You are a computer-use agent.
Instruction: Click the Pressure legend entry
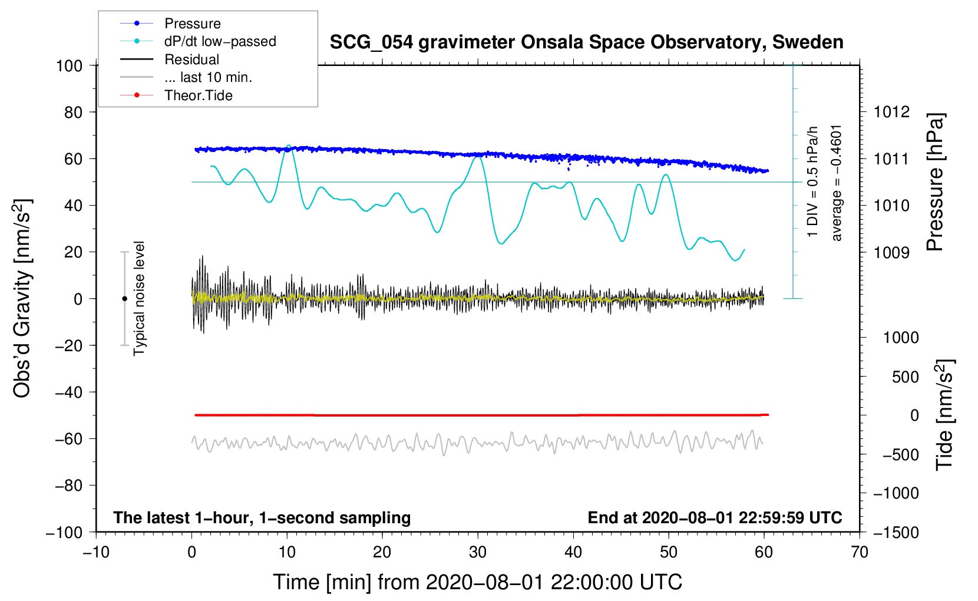(192, 24)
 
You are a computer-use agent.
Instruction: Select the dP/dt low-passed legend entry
(220, 41)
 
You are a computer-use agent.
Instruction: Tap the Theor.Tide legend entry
(198, 95)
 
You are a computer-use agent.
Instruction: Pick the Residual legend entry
(191, 60)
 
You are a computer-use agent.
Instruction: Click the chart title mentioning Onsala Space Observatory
(586, 42)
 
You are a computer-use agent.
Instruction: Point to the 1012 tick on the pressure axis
(891, 112)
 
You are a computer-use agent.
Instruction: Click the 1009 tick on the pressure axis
(891, 253)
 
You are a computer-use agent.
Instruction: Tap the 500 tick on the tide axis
(905, 377)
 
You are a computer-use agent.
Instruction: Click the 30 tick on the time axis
(478, 552)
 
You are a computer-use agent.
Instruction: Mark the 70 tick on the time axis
(860, 552)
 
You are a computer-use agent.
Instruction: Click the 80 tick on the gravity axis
(73, 112)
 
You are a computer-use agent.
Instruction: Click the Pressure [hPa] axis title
(935, 182)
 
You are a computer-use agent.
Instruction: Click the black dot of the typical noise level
(124, 299)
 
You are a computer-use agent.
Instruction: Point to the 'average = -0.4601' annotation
(837, 183)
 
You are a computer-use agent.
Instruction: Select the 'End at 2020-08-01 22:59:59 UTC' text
(715, 518)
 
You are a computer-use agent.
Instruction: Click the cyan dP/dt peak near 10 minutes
(288, 145)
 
